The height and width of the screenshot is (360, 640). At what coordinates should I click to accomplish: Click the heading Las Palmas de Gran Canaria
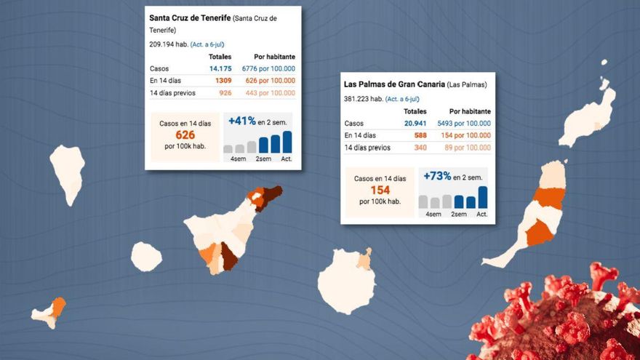pos(393,84)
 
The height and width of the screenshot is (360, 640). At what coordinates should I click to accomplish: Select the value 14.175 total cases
pos(220,68)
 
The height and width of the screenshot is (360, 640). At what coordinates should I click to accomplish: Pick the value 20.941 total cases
pos(415,124)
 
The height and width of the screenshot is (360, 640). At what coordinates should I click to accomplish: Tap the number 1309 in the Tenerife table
pos(223,81)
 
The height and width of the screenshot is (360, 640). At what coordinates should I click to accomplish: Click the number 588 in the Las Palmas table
pos(420,135)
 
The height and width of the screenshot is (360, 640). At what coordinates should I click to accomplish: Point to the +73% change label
pos(436,176)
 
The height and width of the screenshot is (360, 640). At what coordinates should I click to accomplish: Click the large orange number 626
pos(185,135)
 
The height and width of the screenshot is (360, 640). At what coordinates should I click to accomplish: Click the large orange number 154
pos(380,190)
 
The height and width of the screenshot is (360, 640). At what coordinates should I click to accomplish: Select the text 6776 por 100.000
pos(268,68)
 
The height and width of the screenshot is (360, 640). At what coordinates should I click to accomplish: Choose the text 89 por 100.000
pos(465,148)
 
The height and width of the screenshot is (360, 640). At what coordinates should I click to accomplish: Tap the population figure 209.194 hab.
pos(168,44)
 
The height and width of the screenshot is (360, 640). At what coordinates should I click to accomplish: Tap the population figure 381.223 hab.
pos(363,99)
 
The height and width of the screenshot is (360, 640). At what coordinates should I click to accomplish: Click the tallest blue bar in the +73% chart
pos(483,197)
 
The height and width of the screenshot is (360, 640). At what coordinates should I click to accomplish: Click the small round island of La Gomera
pos(146,257)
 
